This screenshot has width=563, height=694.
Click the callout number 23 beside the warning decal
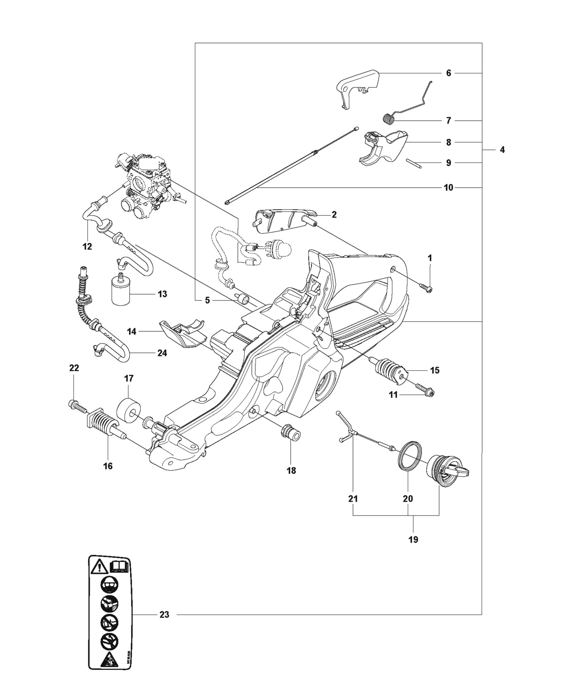pos(164,614)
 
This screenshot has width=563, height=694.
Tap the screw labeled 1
pos(426,288)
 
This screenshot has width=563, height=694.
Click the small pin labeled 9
pos(414,164)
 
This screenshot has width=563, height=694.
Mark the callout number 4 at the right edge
pos(502,149)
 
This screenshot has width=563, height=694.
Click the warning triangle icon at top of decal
pos(99,566)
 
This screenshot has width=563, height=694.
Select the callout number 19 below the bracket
pos(413,539)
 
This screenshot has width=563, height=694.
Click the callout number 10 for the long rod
pos(448,187)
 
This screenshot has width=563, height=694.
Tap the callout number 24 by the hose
pos(162,353)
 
